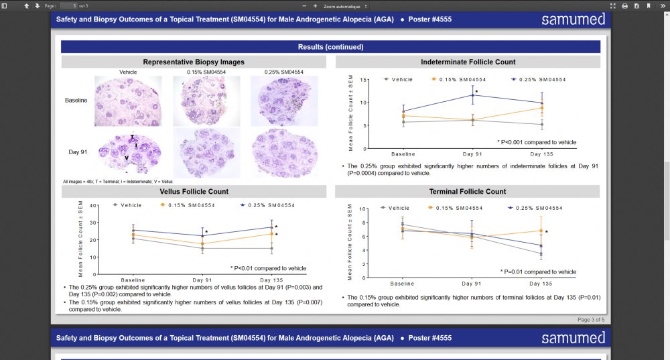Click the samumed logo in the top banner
pos(573,19)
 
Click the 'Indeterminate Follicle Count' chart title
pos(468,62)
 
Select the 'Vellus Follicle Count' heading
pos(194,192)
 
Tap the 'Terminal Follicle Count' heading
pos(468,192)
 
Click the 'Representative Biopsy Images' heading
pos(194,62)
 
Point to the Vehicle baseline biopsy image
pos(127,101)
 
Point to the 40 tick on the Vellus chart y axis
pos(94,206)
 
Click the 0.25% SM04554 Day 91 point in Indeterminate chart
pos(472,95)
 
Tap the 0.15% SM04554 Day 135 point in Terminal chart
pos(540,231)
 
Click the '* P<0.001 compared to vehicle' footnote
pos(537,142)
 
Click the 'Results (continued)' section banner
pos(330,47)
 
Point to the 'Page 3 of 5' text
pos(590,320)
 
